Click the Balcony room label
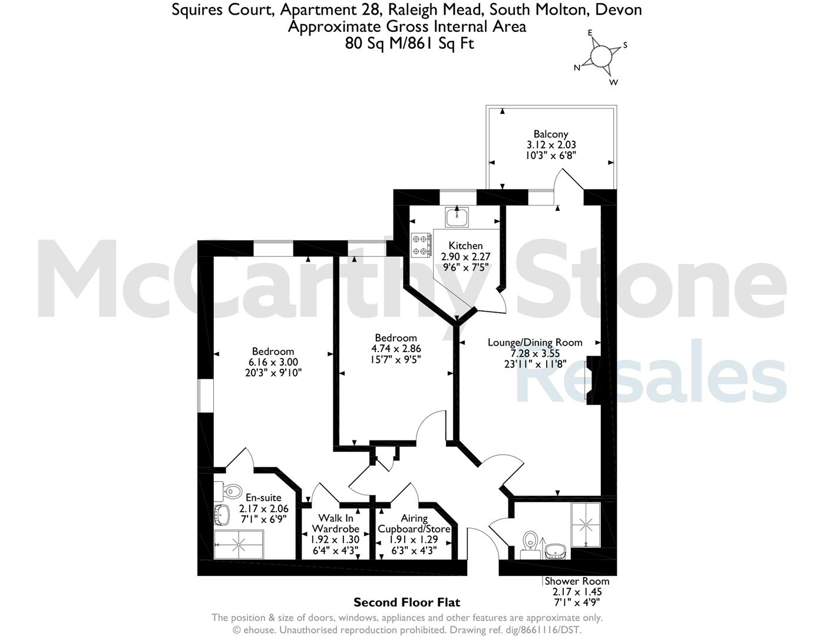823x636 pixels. (550, 134)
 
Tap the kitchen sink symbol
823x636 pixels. (457, 217)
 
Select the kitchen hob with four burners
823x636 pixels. (421, 245)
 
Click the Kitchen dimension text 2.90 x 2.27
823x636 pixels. (465, 257)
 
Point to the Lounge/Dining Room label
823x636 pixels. (535, 343)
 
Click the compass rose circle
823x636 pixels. (601, 57)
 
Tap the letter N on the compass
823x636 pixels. (577, 68)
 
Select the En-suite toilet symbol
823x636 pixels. (228, 491)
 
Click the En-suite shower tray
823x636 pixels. (238, 545)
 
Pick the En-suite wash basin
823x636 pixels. (222, 515)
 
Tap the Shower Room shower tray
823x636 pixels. (586, 525)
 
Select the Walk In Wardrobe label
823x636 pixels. (336, 523)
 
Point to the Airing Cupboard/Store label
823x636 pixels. (414, 523)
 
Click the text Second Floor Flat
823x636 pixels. (406, 602)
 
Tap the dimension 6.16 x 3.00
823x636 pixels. (273, 362)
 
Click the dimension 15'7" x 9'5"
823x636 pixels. (396, 359)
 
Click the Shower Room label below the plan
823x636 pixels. (577, 581)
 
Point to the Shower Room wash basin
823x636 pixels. (555, 552)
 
